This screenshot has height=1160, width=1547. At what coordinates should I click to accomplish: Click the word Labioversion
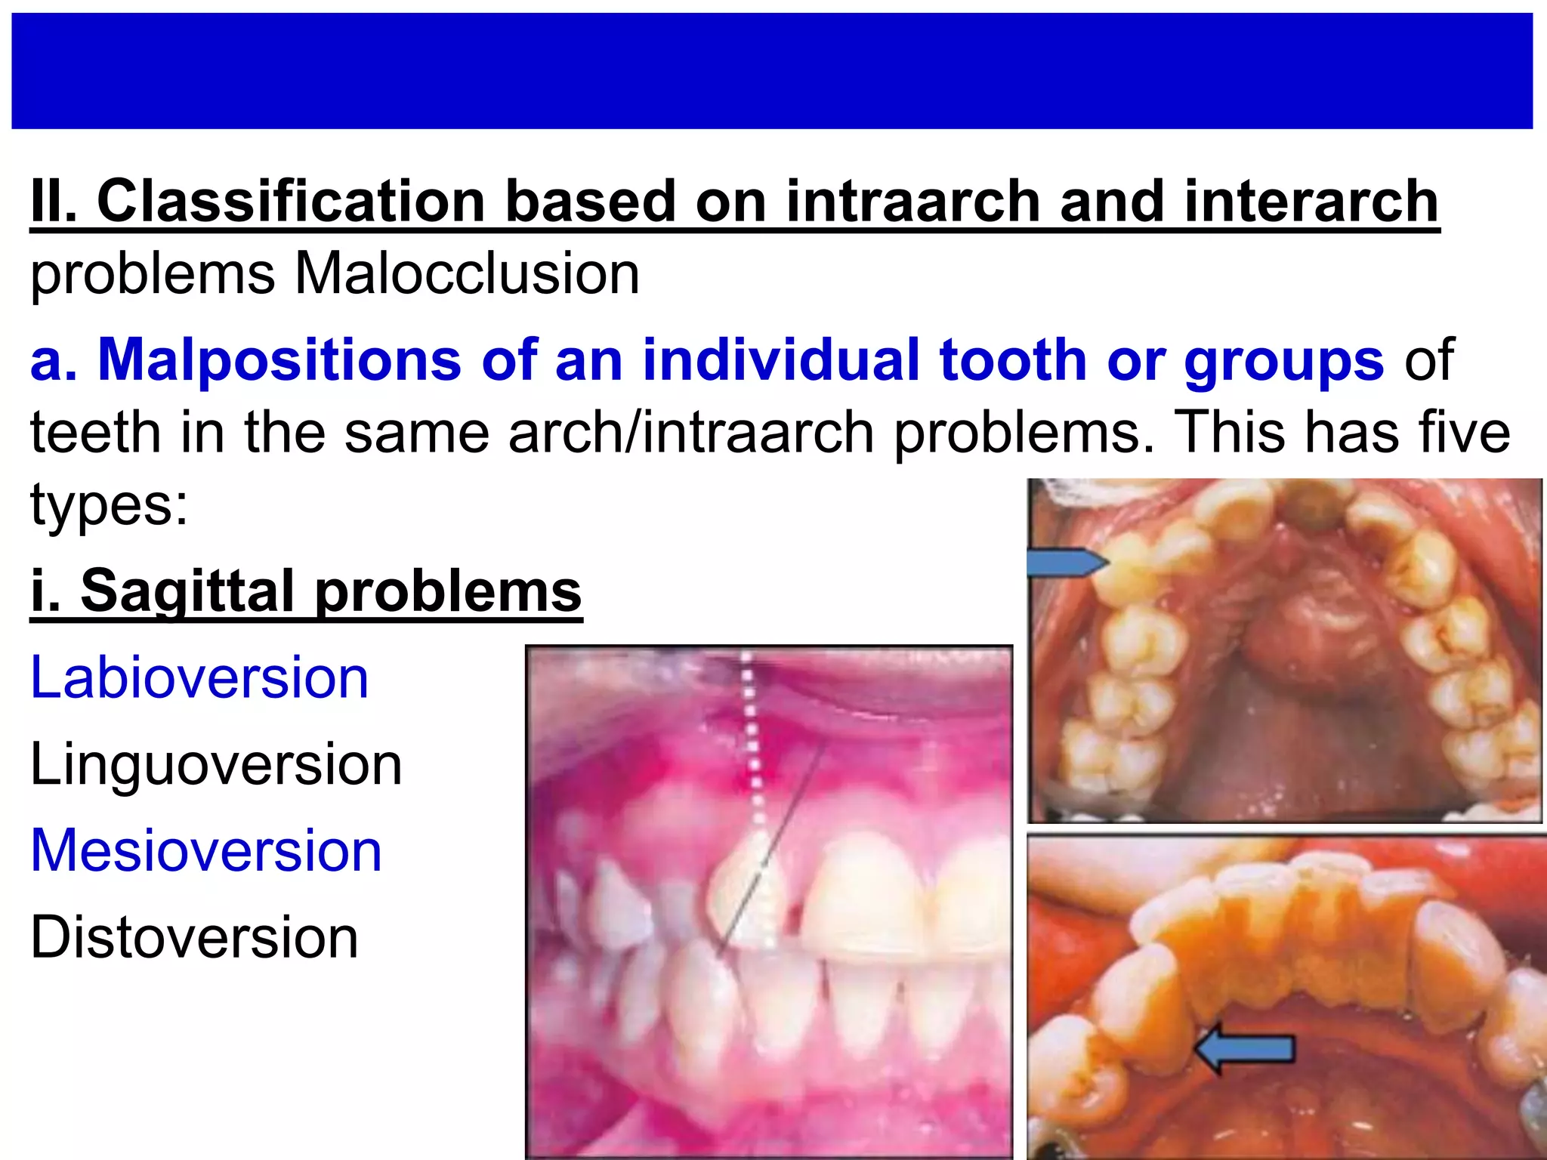(199, 677)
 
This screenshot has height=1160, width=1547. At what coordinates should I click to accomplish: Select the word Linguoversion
(216, 764)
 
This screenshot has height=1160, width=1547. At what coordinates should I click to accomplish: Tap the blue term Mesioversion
(206, 850)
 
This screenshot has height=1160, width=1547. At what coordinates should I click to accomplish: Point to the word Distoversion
(194, 937)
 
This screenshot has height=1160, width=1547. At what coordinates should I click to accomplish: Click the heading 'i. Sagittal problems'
(306, 591)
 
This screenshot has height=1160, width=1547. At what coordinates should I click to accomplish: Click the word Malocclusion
(467, 273)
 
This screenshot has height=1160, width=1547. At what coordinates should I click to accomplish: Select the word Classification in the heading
(291, 202)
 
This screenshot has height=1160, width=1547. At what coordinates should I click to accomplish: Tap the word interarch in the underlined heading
(1311, 202)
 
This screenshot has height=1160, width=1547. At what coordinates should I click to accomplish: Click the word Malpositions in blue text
(279, 359)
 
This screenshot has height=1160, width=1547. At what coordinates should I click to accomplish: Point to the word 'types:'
(109, 504)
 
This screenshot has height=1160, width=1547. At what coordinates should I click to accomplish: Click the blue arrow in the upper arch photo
(1065, 563)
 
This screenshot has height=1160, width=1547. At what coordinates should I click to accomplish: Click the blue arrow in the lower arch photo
(1246, 1048)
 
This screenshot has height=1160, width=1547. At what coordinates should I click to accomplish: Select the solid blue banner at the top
(772, 71)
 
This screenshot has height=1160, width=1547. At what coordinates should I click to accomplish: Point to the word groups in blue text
(1283, 359)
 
